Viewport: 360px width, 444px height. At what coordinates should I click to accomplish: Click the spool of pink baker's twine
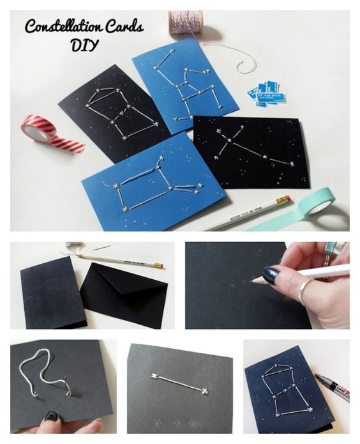[185, 23]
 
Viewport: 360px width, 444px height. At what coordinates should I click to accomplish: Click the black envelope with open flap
[124, 295]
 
